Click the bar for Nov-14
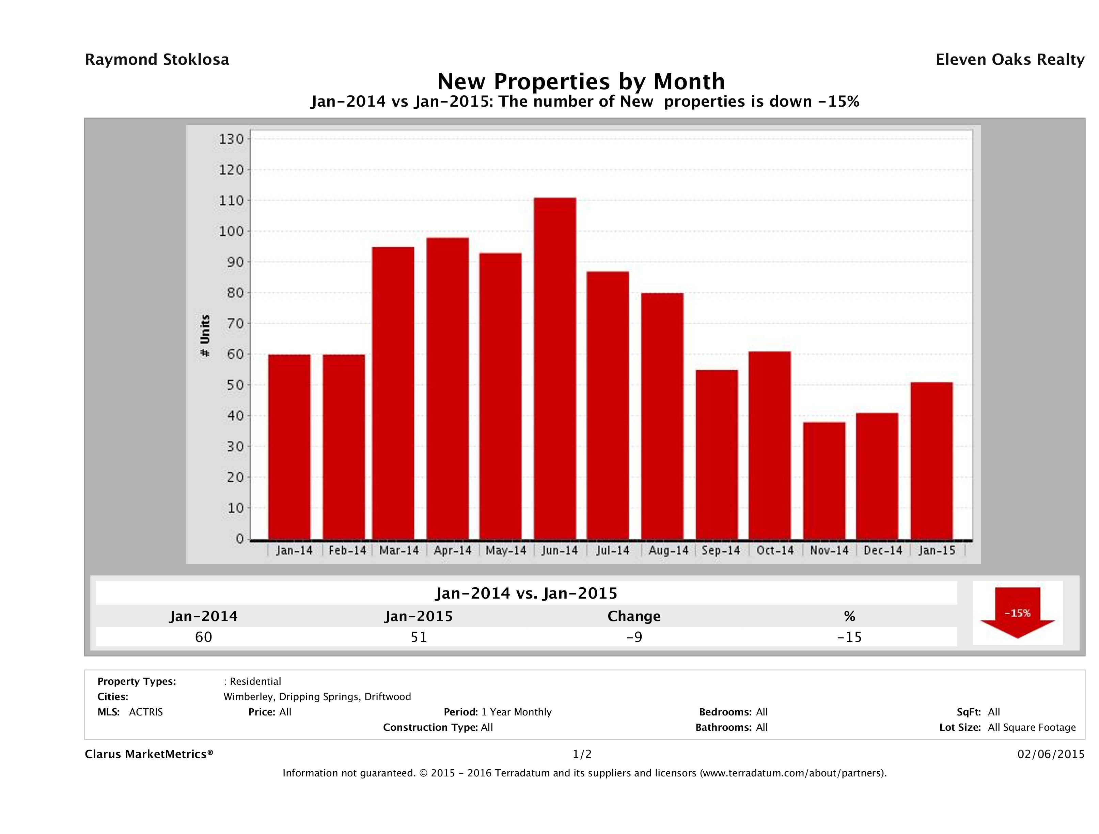coord(824,481)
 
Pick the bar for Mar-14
coord(393,393)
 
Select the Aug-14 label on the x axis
coord(668,551)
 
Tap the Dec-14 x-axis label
coord(883,551)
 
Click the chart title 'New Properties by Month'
coord(581,81)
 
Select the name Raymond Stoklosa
coord(157,60)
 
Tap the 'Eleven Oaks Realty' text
coord(1009,60)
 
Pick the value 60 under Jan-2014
coord(204,637)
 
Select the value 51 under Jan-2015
coord(419,637)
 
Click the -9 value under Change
coord(634,637)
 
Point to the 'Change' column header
coord(634,616)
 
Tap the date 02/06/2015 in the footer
coord(1051,754)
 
